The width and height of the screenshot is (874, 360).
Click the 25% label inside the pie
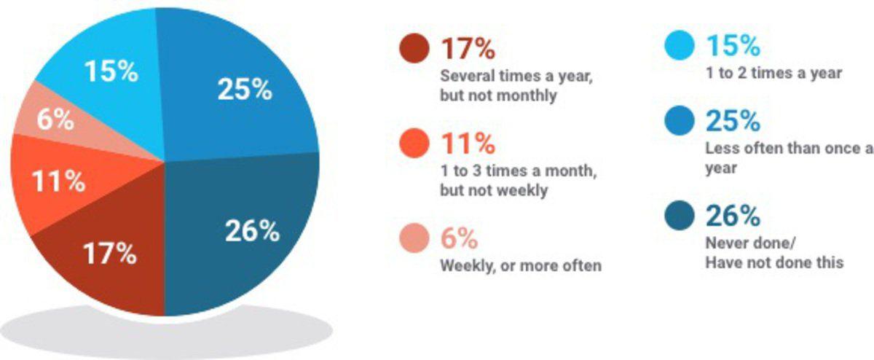point(245,90)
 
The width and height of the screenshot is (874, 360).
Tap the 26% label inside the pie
point(252,231)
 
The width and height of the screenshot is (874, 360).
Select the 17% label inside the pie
point(110,254)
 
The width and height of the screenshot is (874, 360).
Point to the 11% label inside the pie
point(58,181)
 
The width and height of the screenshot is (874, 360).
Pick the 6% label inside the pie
point(55,120)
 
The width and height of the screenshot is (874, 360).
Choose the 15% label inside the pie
point(111,71)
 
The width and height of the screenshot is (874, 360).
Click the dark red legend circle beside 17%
point(414,48)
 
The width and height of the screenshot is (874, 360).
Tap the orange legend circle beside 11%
point(414,144)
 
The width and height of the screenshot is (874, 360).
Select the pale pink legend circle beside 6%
point(414,238)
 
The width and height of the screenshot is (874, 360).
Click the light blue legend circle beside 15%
point(680,45)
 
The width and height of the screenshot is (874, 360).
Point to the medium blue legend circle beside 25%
point(680,121)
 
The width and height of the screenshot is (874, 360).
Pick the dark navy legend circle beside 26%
point(680,216)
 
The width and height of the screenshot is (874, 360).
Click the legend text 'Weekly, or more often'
point(521,266)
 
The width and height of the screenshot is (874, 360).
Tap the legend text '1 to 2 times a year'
point(773,73)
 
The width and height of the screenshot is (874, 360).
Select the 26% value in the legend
point(733,216)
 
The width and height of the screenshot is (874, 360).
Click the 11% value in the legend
point(468,144)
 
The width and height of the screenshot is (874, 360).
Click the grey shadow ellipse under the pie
point(167,331)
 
